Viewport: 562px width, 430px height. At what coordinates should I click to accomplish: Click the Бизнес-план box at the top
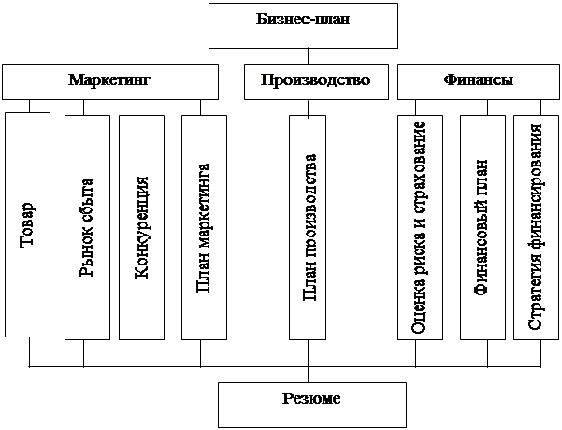(x=301, y=25)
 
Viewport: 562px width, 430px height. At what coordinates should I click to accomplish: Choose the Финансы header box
(x=477, y=81)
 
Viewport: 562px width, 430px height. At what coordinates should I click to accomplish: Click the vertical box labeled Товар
(x=27, y=224)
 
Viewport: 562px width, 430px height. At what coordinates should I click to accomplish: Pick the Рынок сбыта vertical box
(x=87, y=226)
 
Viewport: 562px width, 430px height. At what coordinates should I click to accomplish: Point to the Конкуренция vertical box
(x=141, y=226)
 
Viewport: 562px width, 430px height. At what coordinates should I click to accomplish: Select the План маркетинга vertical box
(x=204, y=226)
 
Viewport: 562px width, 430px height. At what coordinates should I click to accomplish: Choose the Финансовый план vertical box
(x=483, y=226)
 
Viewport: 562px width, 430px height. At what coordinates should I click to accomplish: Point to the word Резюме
(x=311, y=399)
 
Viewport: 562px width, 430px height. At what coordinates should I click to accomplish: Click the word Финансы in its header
(x=477, y=81)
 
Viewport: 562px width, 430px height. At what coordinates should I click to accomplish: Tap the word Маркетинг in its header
(x=109, y=81)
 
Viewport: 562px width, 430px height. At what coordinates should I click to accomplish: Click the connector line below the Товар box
(x=29, y=351)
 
